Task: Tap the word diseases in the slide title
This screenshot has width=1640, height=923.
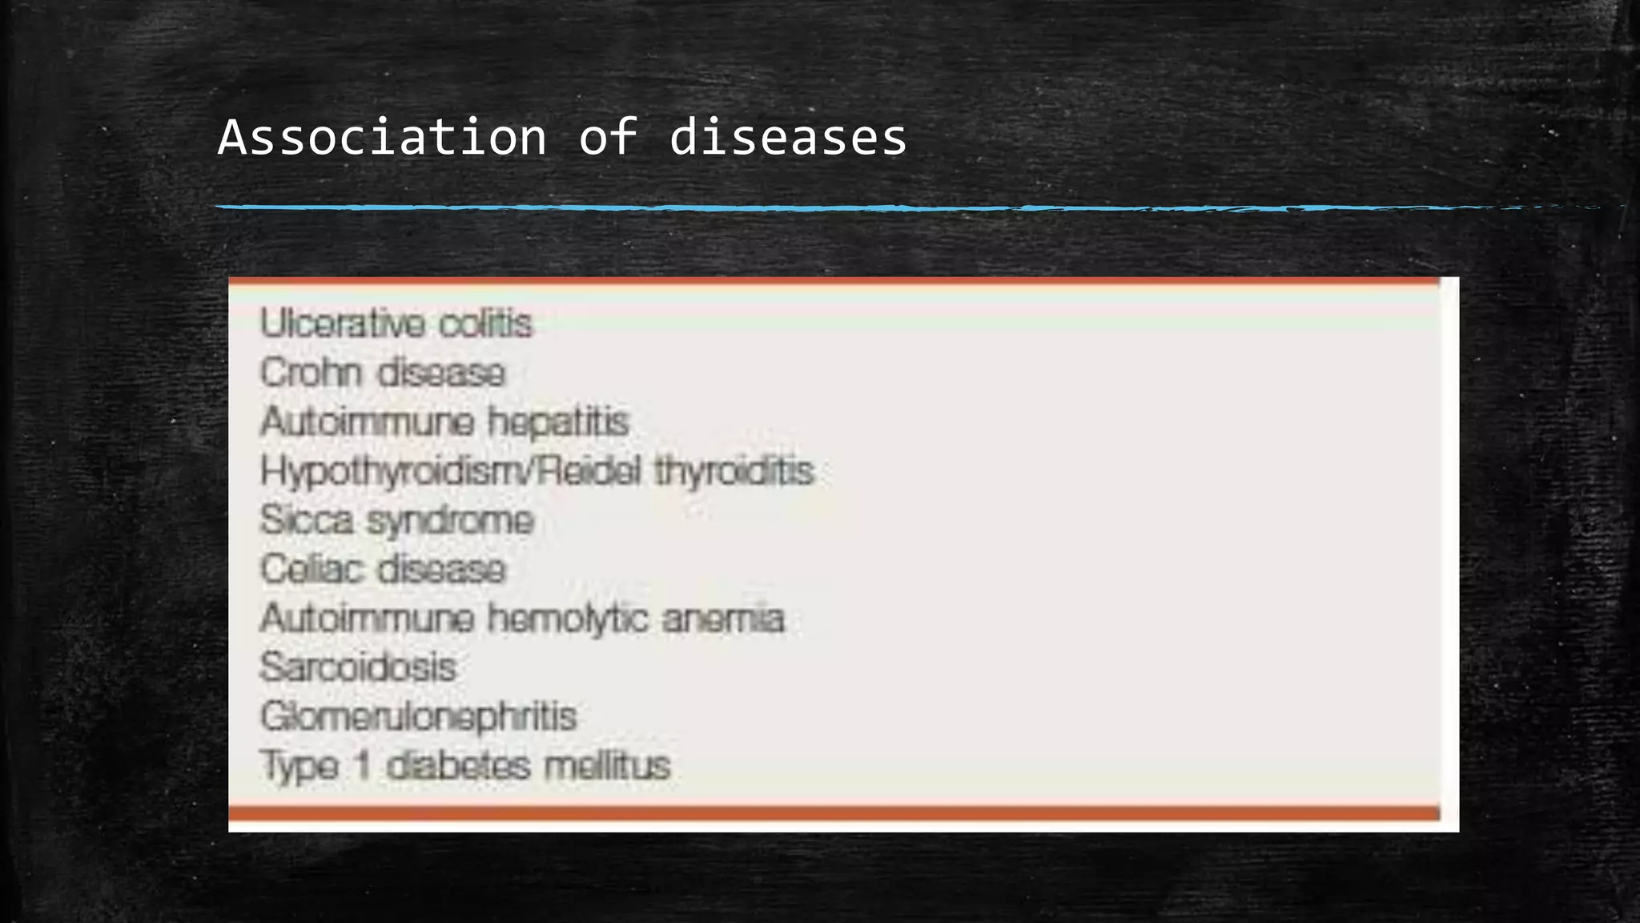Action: click(788, 137)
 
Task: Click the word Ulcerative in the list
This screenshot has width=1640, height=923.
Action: click(343, 324)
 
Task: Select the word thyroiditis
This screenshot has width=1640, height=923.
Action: click(734, 471)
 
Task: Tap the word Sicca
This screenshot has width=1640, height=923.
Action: click(307, 520)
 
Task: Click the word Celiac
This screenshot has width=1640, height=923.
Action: click(311, 570)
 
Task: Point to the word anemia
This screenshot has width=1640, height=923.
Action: click(723, 619)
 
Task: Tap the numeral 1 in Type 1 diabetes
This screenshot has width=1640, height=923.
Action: click(363, 765)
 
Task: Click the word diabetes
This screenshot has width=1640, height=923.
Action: click(459, 765)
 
